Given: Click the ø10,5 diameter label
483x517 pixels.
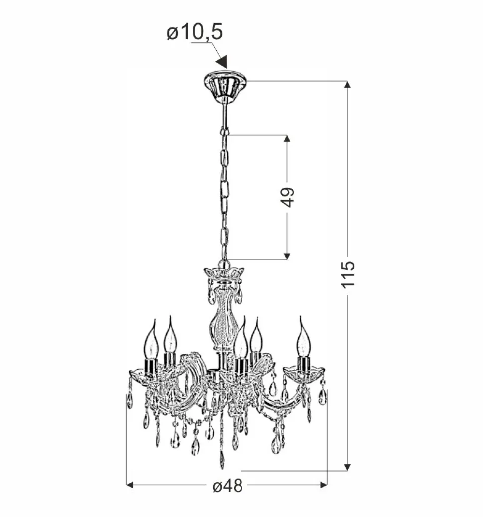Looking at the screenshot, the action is coord(195,32).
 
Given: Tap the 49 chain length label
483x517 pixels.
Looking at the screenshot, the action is coord(288,197).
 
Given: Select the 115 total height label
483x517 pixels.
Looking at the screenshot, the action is coord(348,274).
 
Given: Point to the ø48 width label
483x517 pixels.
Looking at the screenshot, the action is coord(228,486).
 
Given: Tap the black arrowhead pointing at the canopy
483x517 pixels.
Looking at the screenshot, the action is coord(222,62).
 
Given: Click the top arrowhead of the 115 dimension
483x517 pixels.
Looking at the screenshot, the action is coord(347,84).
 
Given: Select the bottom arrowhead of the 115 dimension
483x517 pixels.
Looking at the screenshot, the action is coord(347,467).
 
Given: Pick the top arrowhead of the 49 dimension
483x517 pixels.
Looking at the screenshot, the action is coord(287,138).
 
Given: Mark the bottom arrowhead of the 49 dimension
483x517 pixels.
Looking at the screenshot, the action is coord(287,256).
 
